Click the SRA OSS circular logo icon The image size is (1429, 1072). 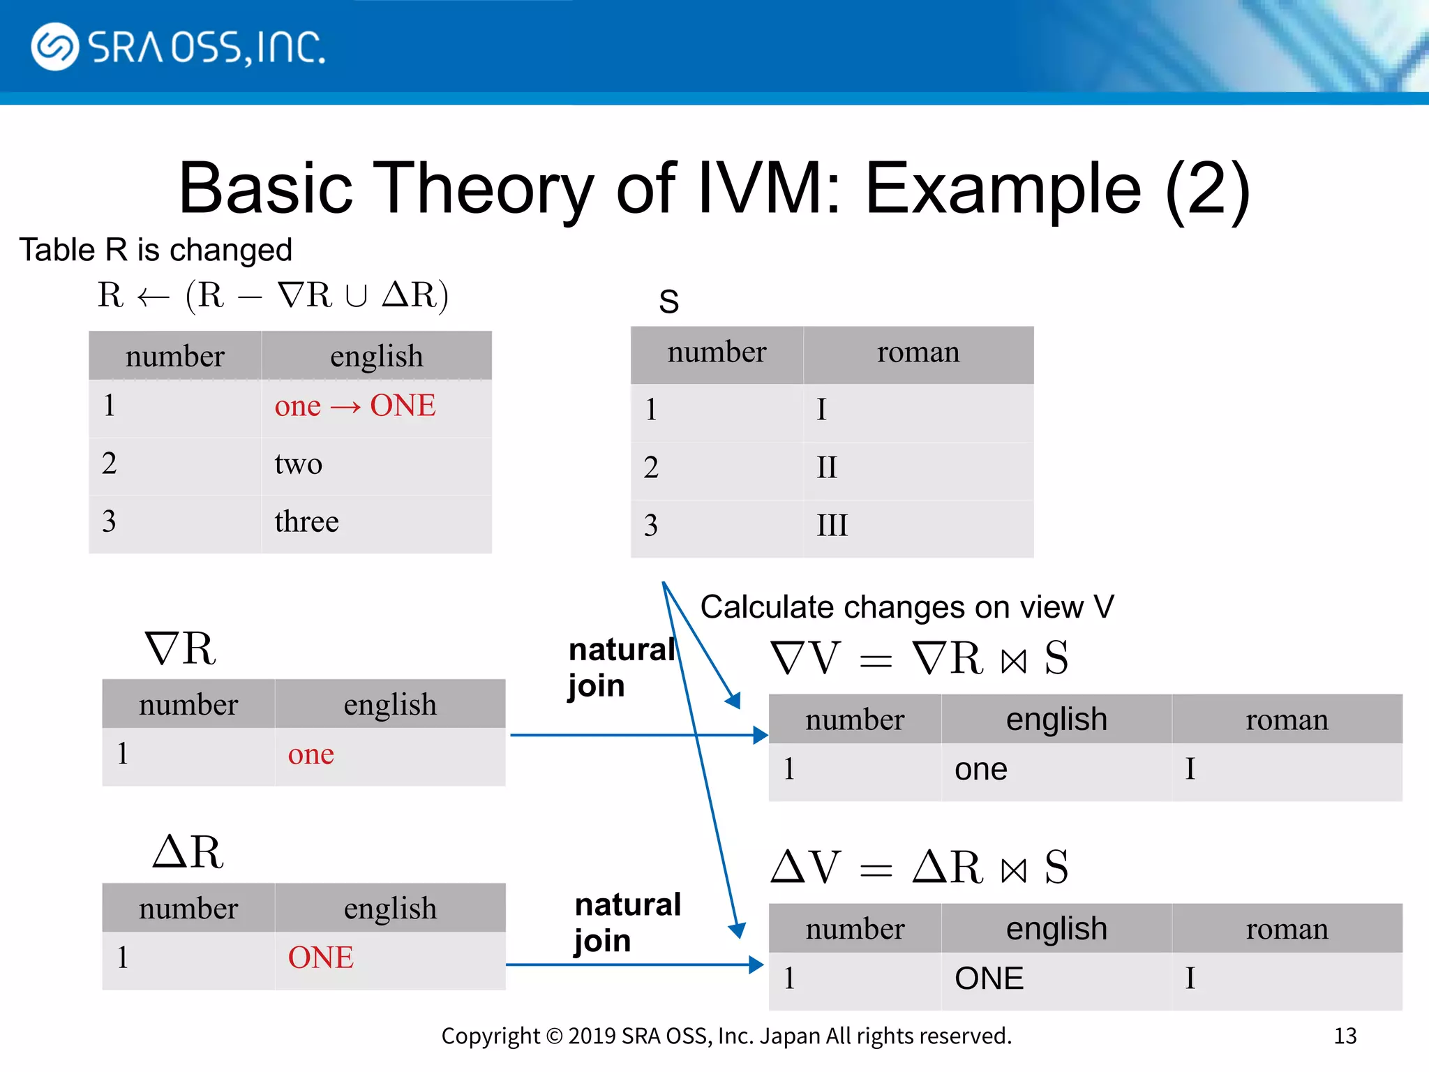click(54, 47)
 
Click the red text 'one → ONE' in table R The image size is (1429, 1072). click(354, 405)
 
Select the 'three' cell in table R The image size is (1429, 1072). click(306, 521)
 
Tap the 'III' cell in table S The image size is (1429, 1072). click(832, 525)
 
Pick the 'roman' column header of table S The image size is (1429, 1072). click(918, 352)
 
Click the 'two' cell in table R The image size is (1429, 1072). click(298, 463)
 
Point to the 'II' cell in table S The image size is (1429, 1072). click(826, 467)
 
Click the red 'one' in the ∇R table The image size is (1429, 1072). click(311, 754)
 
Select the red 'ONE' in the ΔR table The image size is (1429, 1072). click(320, 957)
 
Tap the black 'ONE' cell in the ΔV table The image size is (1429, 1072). click(989, 978)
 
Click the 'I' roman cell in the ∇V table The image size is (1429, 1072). click(1190, 769)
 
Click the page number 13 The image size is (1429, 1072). click(1345, 1036)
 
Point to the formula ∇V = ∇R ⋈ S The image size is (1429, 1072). click(918, 658)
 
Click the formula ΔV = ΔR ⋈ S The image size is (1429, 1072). click(918, 868)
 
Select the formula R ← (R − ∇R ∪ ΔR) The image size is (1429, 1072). click(272, 295)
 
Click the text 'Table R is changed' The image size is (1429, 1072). click(155, 250)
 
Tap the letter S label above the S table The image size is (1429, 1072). click(668, 301)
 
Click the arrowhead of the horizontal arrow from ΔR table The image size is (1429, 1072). click(756, 965)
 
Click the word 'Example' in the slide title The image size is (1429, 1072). click(1003, 188)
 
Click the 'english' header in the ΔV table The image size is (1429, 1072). click(1056, 929)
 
